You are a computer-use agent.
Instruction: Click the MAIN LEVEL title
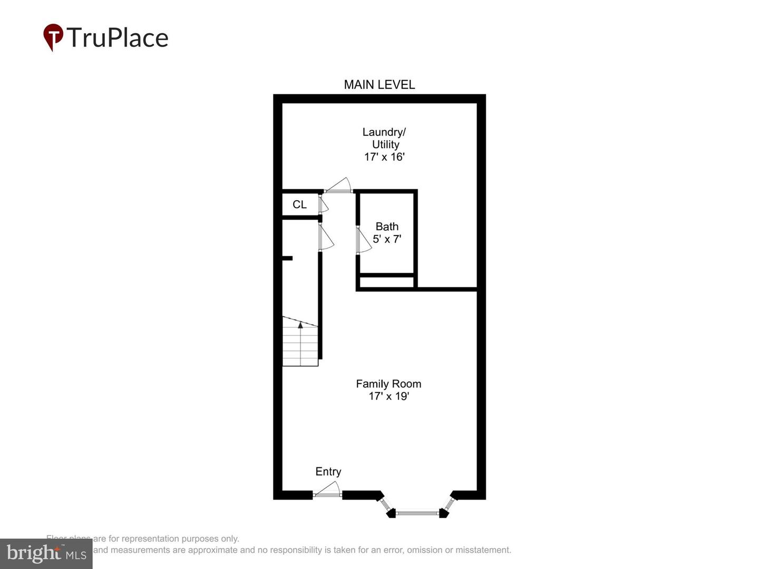pyautogui.click(x=379, y=84)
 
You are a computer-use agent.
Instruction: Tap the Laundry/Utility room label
pyautogui.click(x=384, y=138)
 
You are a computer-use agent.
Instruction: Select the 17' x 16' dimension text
pyautogui.click(x=384, y=157)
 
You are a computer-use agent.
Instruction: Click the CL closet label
pyautogui.click(x=299, y=204)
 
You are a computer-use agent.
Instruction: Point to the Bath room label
pyautogui.click(x=387, y=227)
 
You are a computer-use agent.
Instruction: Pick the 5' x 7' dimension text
pyautogui.click(x=387, y=239)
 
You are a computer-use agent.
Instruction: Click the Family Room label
pyautogui.click(x=388, y=384)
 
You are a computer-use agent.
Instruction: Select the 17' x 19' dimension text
pyautogui.click(x=388, y=396)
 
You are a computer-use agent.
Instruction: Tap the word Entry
pyautogui.click(x=328, y=472)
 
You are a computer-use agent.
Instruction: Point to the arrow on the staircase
pyautogui.click(x=300, y=325)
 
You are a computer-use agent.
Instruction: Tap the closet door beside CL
pyautogui.click(x=323, y=203)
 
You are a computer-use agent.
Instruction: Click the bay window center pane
pyautogui.click(x=417, y=512)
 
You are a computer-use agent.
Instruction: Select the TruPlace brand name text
pyautogui.click(x=117, y=38)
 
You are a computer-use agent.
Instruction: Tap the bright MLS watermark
pyautogui.click(x=46, y=553)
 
